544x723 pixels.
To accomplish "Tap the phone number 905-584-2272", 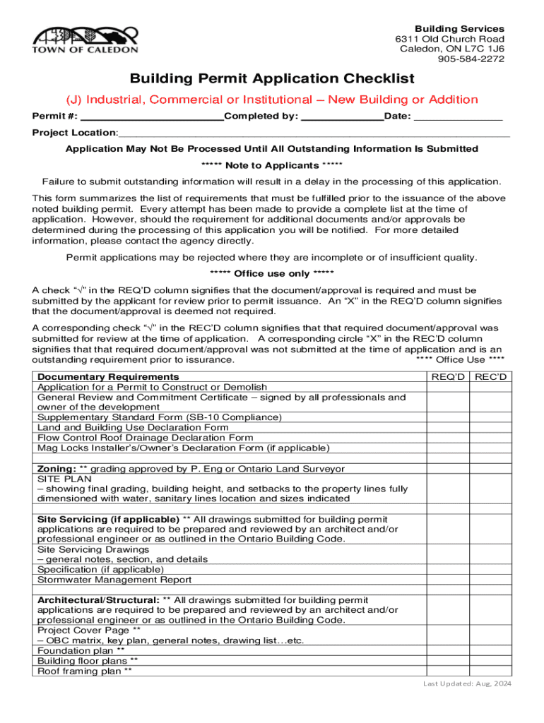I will [x=471, y=59].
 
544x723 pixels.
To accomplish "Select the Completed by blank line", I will [x=342, y=116].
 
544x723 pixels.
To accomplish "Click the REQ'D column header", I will [x=449, y=377].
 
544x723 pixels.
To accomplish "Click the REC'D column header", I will [x=491, y=377].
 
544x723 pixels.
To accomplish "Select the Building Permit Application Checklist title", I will [x=271, y=78].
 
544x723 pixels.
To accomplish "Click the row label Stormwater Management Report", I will [x=114, y=580].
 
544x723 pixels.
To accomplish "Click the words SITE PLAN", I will [x=61, y=479].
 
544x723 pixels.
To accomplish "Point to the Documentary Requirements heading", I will [x=108, y=377].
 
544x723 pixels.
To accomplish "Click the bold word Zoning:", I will [x=57, y=469].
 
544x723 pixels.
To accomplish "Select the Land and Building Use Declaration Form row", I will [x=133, y=427].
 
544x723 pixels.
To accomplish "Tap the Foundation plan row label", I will [x=81, y=651].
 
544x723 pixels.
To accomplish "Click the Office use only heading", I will [x=272, y=274].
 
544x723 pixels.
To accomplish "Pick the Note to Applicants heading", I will [x=272, y=165].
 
